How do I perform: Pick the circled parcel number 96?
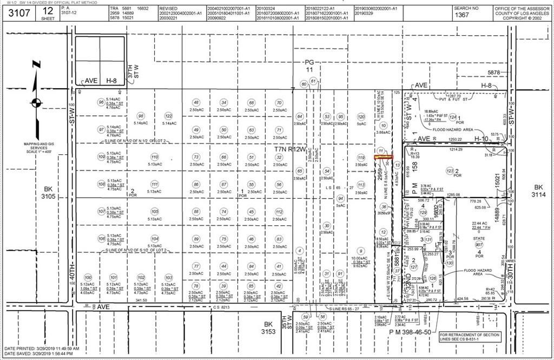tap(101, 102)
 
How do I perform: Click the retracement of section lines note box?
tap(470, 337)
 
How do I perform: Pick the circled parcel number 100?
tap(88, 278)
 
